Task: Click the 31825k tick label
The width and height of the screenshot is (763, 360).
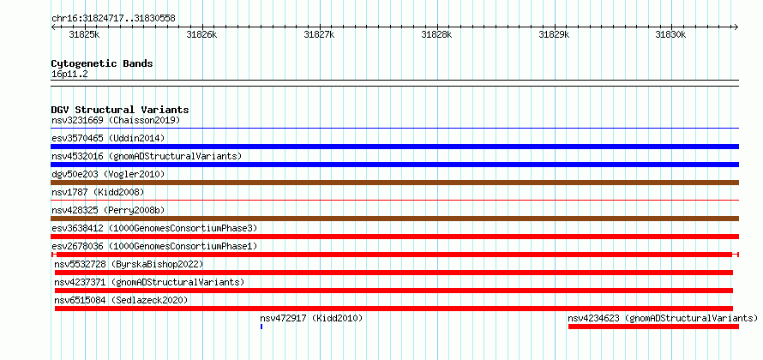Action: [x=84, y=34]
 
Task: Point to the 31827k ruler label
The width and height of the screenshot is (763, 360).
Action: [x=319, y=34]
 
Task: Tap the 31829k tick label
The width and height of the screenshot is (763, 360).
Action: [x=554, y=34]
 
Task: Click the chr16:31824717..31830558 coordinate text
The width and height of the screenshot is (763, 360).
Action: [x=113, y=19]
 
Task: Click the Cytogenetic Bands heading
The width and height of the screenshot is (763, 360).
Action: [x=102, y=63]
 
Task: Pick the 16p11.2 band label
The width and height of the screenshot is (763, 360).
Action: [x=69, y=75]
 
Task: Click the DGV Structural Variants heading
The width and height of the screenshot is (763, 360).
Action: [x=120, y=110]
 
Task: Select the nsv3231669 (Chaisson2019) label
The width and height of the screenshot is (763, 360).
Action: [x=116, y=120]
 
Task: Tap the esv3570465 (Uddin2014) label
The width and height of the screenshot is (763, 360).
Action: [x=108, y=138]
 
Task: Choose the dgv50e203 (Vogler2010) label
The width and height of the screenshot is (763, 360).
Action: [x=108, y=174]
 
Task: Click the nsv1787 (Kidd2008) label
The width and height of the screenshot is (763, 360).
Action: [x=98, y=192]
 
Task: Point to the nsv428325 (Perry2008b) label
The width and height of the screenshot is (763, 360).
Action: [x=108, y=210]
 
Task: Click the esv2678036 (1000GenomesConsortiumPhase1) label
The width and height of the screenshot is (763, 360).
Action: [x=154, y=246]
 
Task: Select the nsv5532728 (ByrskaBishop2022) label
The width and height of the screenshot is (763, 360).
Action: [x=129, y=264]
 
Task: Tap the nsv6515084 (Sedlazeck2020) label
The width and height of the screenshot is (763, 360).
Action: [x=121, y=300]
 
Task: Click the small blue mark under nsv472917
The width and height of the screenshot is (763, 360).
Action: [x=261, y=327]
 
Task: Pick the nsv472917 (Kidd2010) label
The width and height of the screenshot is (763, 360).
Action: [x=311, y=318]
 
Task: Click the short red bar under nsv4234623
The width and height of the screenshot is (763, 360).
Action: [x=653, y=327]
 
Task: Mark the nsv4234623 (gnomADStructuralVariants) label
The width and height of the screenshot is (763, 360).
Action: [x=663, y=318]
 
